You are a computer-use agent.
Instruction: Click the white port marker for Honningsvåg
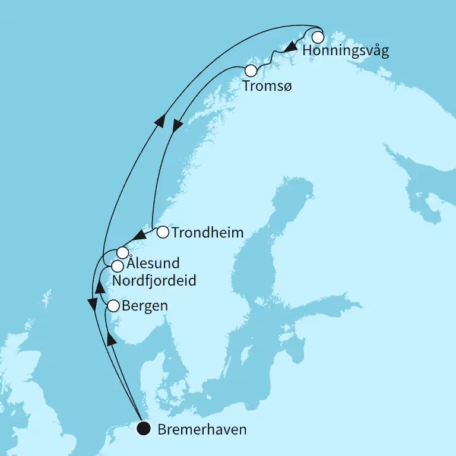point(318,37)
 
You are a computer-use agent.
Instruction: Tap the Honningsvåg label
point(346,51)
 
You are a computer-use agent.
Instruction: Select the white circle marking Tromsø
point(251,71)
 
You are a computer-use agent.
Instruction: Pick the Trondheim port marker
point(163,232)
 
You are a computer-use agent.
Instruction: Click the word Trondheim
point(207,233)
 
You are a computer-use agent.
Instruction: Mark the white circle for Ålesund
point(122,252)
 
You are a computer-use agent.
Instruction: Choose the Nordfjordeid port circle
point(118,266)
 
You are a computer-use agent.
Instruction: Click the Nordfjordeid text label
point(154,280)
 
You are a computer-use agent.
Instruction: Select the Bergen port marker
point(113,306)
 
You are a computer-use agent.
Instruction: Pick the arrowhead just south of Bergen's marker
point(110,339)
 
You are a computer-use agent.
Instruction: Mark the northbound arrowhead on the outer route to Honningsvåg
point(159,120)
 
